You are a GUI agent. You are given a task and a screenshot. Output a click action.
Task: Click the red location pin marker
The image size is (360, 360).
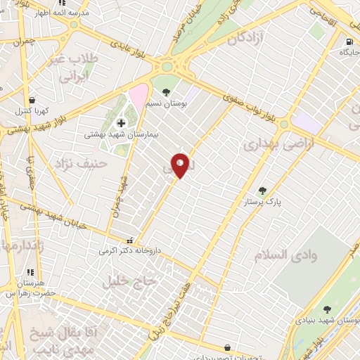pos(181,165)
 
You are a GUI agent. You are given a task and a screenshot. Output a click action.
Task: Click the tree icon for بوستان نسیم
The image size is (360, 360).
pos(166,92)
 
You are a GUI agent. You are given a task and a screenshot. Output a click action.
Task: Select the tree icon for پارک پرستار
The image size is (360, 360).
pos(262,190)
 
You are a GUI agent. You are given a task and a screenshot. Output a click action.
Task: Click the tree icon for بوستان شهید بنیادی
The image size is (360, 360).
pos(327,309)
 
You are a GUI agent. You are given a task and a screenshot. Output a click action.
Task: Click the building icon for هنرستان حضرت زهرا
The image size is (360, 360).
pos(29,272)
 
